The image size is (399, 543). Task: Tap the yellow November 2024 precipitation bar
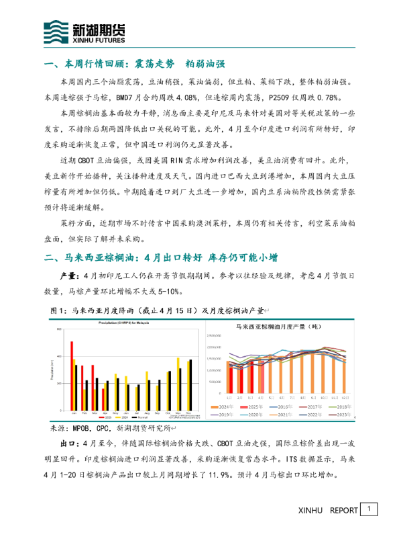178,385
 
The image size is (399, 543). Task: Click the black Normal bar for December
191,386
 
